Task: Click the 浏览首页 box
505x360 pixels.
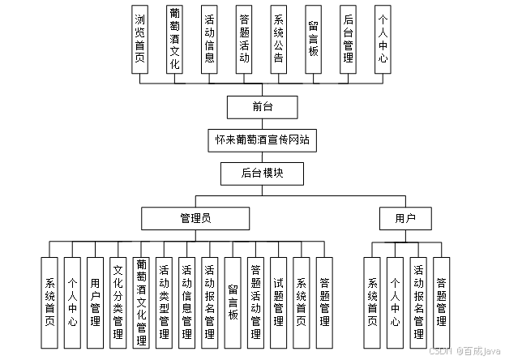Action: (x=140, y=40)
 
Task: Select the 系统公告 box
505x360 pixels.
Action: (x=279, y=40)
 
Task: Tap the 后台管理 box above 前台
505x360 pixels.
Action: (x=348, y=40)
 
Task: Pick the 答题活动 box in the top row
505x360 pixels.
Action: (x=244, y=40)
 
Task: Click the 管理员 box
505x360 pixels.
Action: (x=195, y=218)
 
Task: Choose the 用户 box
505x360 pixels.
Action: (x=405, y=218)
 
